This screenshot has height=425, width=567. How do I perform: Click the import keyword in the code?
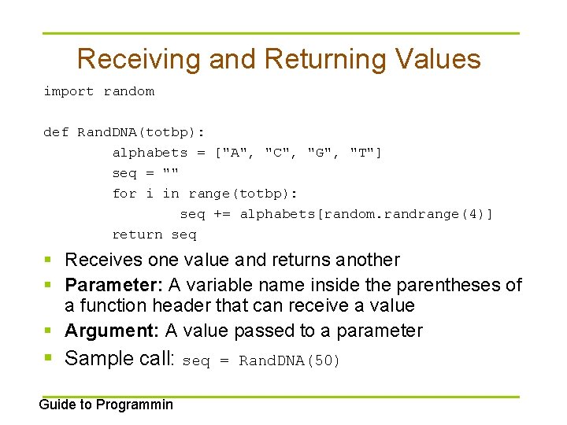pyautogui.click(x=69, y=91)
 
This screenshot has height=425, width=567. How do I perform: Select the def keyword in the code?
pyautogui.click(x=56, y=132)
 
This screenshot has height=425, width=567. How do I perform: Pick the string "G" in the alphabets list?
pyautogui.click(x=321, y=153)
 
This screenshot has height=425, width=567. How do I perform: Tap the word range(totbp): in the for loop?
pyautogui.click(x=244, y=194)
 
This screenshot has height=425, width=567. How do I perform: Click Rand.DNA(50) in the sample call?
pyautogui.click(x=290, y=361)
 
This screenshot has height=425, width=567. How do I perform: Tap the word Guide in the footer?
pyautogui.click(x=56, y=405)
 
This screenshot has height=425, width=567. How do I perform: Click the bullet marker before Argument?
pyautogui.click(x=49, y=331)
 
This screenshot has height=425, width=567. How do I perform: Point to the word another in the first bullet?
pyautogui.click(x=368, y=260)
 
